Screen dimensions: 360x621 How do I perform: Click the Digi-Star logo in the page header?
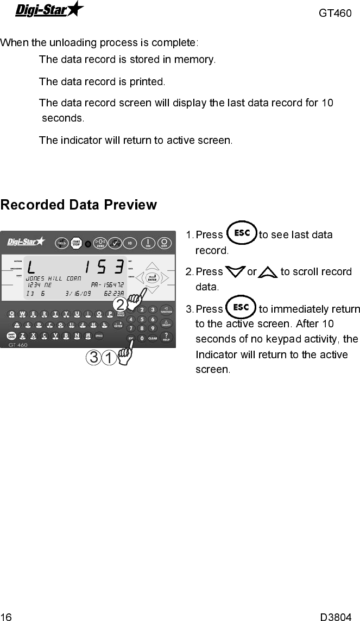click(49, 9)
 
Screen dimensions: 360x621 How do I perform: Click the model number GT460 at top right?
click(335, 13)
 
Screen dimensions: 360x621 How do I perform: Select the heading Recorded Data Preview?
click(79, 205)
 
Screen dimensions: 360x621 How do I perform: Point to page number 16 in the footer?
click(6, 616)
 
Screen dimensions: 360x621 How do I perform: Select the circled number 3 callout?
click(94, 358)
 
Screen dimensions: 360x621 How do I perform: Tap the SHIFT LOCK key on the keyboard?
click(11, 336)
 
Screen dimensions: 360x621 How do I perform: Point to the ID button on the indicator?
click(130, 243)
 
